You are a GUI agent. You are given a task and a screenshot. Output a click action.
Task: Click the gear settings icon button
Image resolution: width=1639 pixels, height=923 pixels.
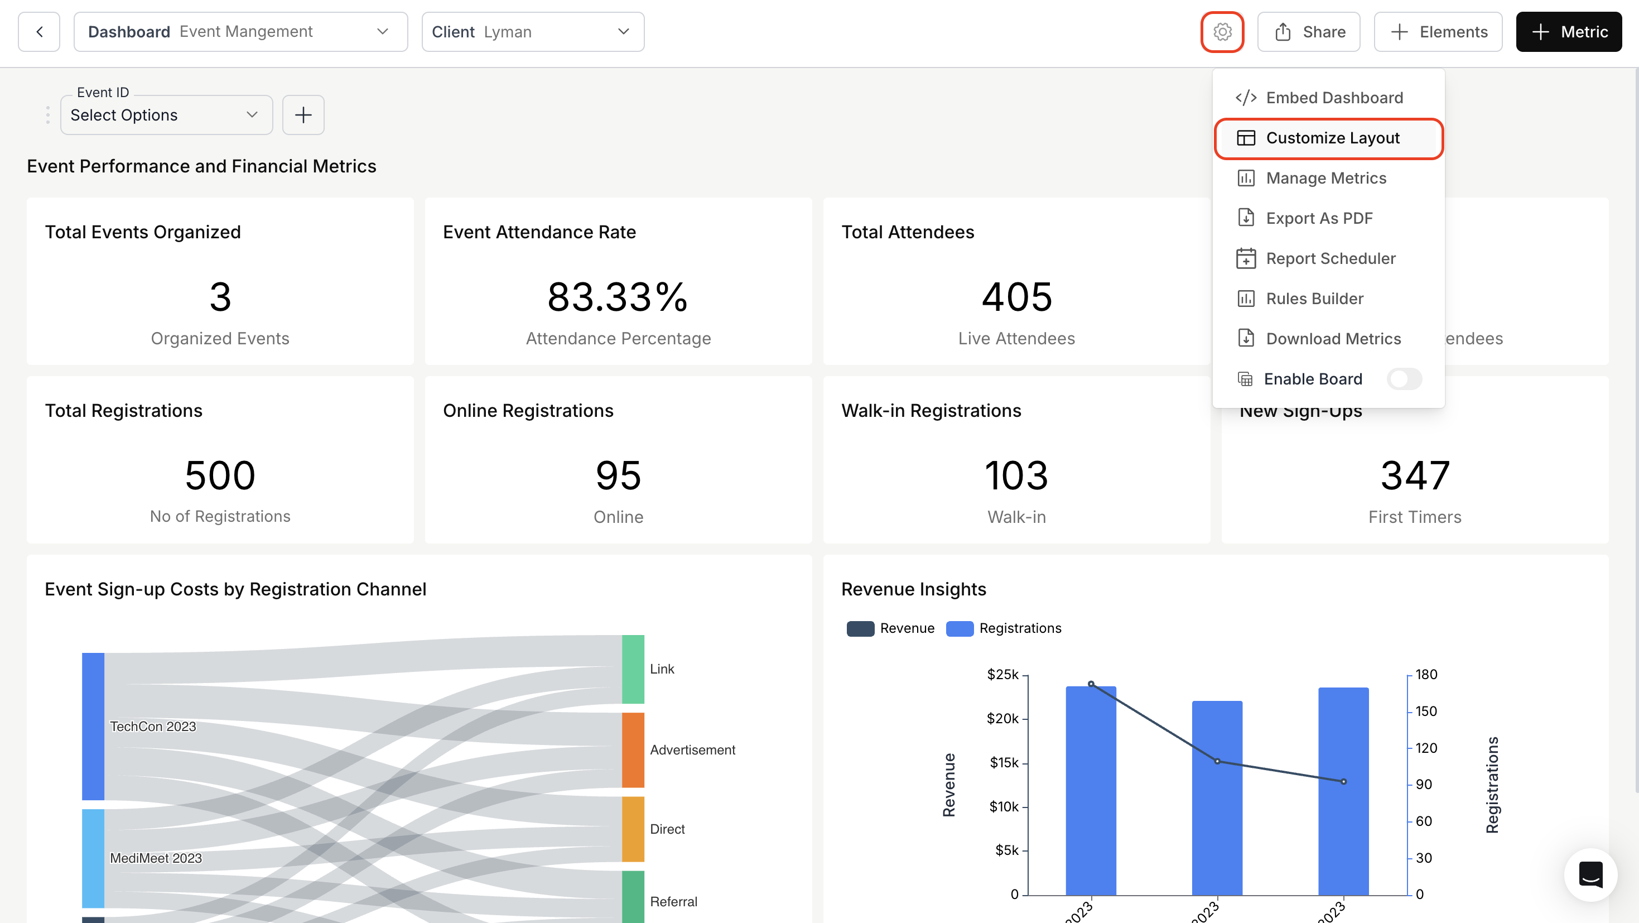tap(1222, 32)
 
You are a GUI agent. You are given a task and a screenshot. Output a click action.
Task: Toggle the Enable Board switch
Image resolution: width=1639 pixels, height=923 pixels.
tap(1404, 379)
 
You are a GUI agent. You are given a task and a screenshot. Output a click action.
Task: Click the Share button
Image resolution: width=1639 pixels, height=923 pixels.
tap(1309, 32)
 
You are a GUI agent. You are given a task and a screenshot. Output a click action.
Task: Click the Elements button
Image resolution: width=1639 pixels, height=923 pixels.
tap(1438, 32)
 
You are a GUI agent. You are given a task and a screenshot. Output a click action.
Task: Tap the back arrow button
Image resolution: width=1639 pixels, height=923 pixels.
tap(40, 32)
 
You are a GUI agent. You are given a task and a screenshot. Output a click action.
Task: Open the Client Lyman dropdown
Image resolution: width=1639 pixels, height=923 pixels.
tap(533, 32)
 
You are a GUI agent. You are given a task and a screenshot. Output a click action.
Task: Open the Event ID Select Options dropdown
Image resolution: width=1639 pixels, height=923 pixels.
tap(166, 115)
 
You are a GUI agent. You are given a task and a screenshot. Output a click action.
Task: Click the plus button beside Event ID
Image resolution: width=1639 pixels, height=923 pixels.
tap(303, 115)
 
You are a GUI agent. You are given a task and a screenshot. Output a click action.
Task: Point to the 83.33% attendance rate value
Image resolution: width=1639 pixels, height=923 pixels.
tap(618, 297)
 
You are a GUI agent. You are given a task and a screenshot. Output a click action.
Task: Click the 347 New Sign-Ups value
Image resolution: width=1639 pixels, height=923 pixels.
tap(1414, 476)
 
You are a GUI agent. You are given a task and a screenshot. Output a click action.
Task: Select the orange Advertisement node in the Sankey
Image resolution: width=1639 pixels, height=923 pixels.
tap(633, 750)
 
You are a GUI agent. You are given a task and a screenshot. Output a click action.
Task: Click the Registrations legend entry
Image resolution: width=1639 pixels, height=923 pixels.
tap(1004, 628)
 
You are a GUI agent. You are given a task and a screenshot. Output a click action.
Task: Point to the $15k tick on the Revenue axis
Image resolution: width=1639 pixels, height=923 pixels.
tap(1004, 763)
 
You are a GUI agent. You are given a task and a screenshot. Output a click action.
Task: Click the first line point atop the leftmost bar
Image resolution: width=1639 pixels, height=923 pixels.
tap(1091, 684)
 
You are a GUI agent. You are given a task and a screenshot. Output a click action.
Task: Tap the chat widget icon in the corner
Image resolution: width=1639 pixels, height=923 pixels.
tap(1590, 874)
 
